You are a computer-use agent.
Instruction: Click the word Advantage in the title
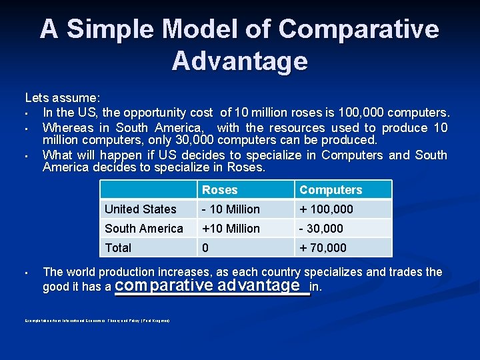[x=239, y=61]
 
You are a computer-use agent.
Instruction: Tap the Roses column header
[x=219, y=190]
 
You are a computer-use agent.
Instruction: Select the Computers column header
[x=331, y=190]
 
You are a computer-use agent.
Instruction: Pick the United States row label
[x=140, y=209]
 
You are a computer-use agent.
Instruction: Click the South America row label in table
[x=143, y=229]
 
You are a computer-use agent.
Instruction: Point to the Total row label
[x=118, y=248]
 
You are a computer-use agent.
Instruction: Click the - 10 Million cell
[x=231, y=209]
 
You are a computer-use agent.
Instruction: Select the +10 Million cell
[x=231, y=229]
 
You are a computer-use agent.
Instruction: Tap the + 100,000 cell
[x=326, y=209]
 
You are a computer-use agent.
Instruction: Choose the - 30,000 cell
[x=321, y=229]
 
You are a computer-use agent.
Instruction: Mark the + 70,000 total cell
[x=323, y=248]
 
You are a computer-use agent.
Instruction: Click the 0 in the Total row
[x=206, y=248]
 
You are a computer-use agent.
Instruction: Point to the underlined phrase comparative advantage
[x=207, y=286]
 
